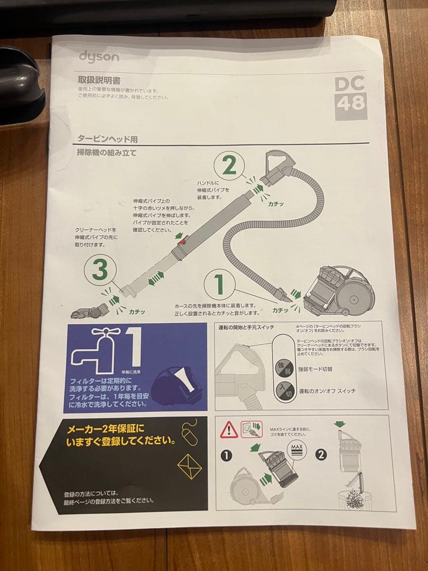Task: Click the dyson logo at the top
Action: pos(99,57)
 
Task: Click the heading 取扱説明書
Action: pos(99,80)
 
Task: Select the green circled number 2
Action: pos(229,167)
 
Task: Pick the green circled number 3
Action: pos(100,271)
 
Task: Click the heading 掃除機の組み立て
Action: pos(107,153)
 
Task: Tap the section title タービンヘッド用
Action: pos(107,139)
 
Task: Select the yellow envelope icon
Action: pos(190,466)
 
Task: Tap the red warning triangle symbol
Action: pos(229,430)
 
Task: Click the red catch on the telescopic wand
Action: pos(182,242)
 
